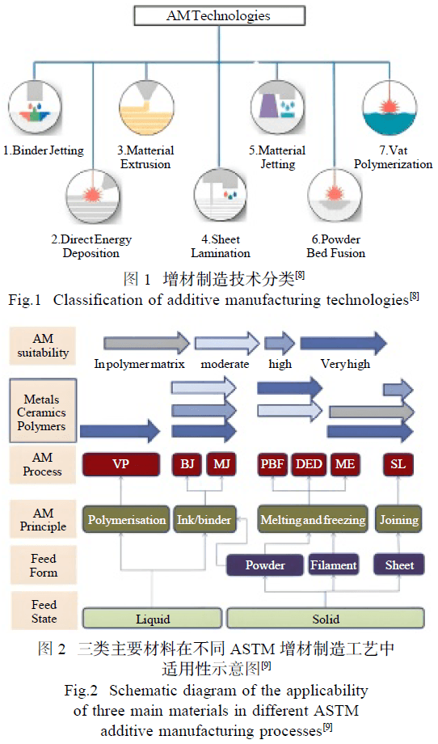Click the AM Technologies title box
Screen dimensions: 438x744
pos(220,15)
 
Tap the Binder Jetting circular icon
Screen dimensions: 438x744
pos(35,108)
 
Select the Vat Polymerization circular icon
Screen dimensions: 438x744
pos(390,108)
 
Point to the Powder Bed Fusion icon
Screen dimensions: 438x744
pos(335,195)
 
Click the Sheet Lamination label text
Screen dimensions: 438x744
pos(221,247)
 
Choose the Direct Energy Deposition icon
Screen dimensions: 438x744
pos(93,196)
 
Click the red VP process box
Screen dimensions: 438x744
pos(121,464)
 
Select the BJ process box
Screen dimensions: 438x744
pos(187,464)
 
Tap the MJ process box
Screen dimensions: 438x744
pos(221,464)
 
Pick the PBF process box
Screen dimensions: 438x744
pos(272,464)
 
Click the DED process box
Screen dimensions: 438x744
pos(309,464)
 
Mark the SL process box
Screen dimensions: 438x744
pos(398,464)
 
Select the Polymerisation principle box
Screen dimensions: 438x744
pos(126,520)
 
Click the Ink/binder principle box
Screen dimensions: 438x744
pos(204,520)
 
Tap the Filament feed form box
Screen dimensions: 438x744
pos(334,565)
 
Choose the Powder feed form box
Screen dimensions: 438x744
pos(265,565)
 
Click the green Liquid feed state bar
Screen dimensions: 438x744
pos(152,619)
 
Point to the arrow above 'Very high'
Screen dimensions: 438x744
pos(343,343)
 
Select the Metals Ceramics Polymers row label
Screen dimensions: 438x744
pos(43,412)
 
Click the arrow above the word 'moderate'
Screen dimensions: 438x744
pos(227,343)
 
